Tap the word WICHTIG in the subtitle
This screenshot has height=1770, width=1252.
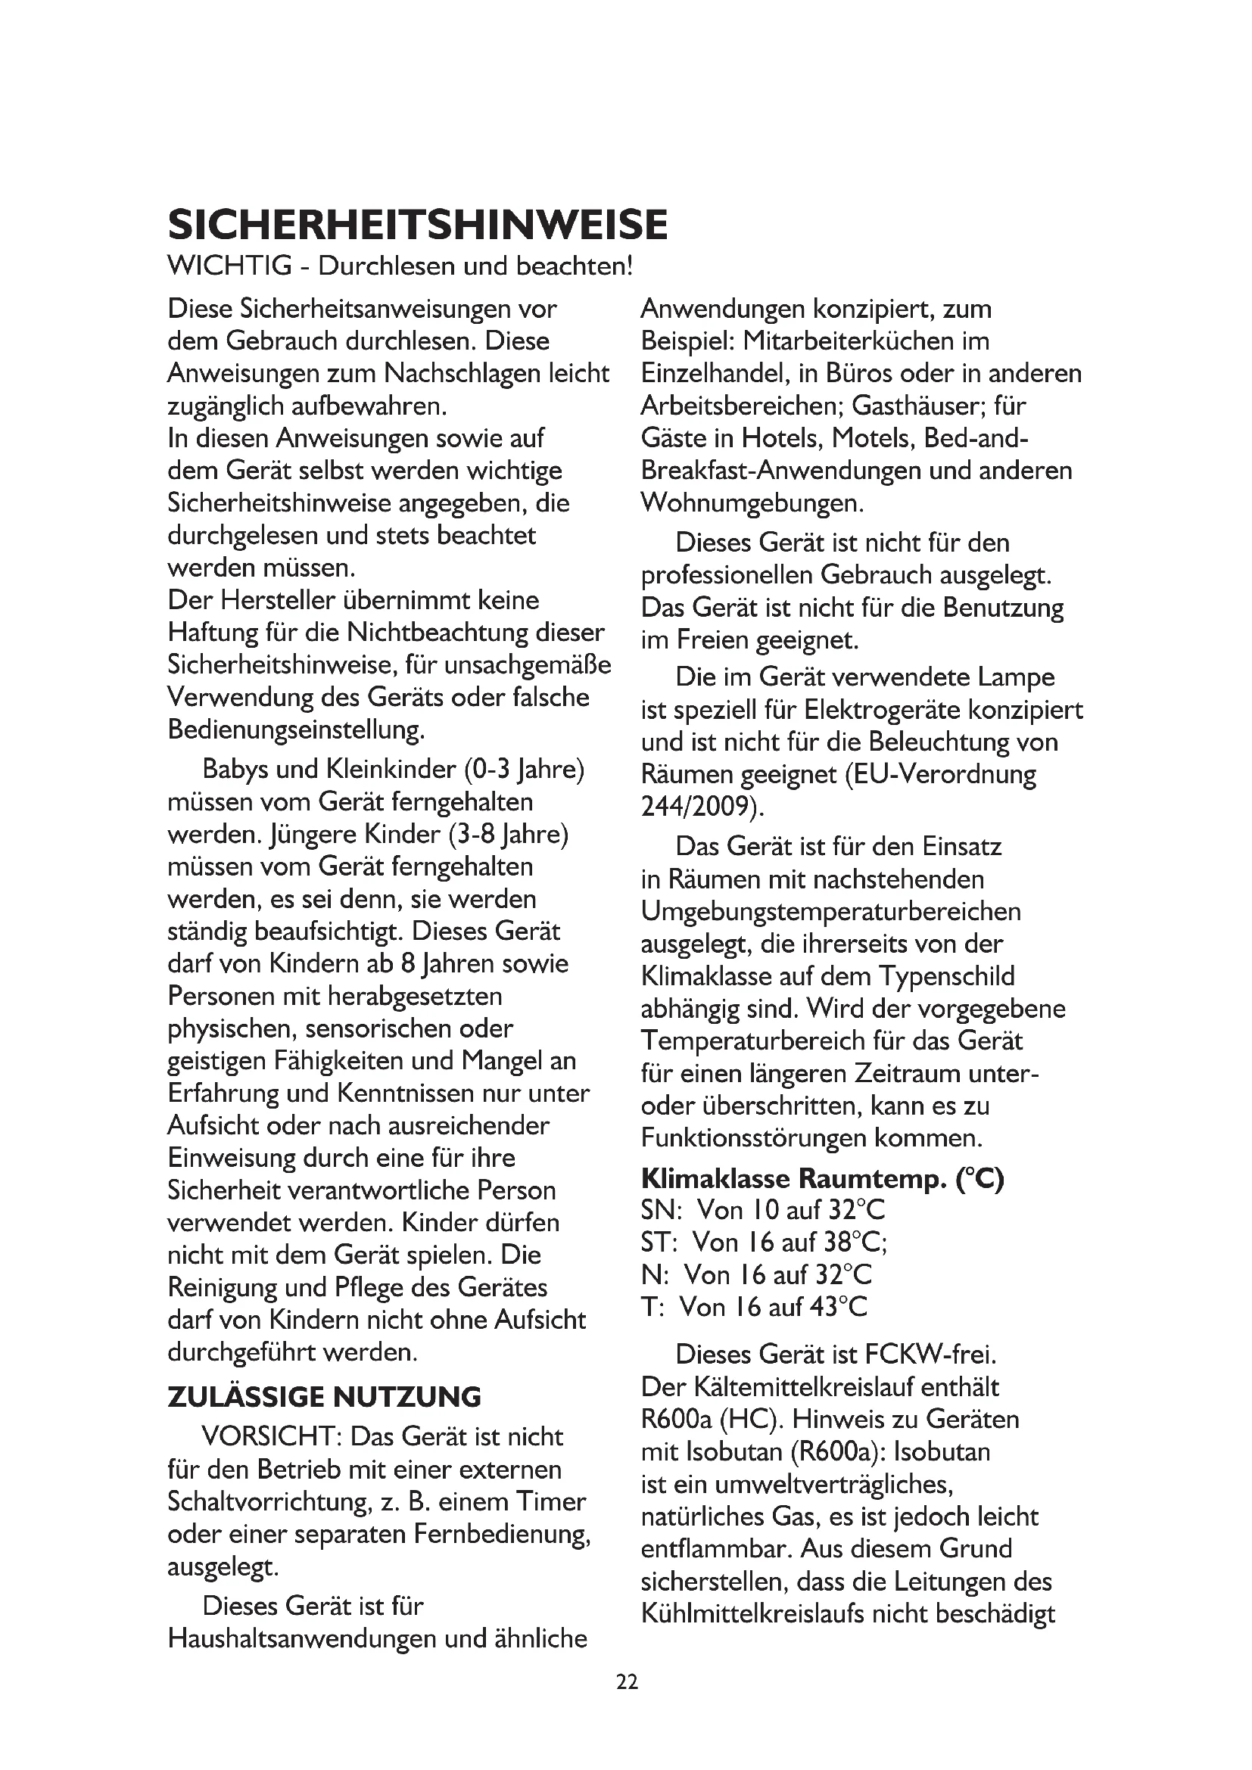coord(229,266)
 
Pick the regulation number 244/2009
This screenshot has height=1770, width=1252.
coord(702,807)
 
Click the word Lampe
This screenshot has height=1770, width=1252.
coord(1016,677)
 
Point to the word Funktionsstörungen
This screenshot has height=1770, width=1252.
coord(753,1138)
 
